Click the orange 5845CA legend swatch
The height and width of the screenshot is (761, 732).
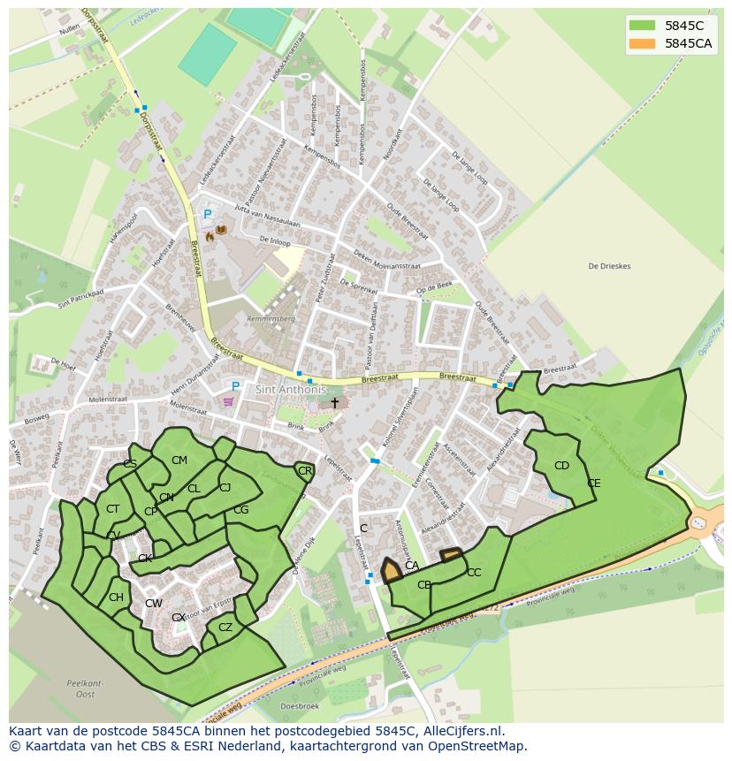(x=642, y=44)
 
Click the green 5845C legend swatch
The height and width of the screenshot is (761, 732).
(x=642, y=26)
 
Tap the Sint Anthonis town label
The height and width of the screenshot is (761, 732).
(x=291, y=390)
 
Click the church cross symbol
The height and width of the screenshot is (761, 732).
(x=334, y=403)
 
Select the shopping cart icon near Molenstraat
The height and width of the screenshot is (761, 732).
(x=230, y=402)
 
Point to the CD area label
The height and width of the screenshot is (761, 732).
(x=561, y=466)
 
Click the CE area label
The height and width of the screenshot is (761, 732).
(x=594, y=483)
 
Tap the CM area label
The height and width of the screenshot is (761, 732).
(x=179, y=460)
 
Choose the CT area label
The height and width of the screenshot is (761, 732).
(x=112, y=509)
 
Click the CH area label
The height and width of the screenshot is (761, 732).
(x=116, y=597)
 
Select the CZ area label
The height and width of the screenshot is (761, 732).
(x=225, y=628)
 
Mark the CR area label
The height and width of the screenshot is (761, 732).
(x=305, y=471)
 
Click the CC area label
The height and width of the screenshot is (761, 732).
(x=474, y=573)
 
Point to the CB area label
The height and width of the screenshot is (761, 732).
(x=424, y=585)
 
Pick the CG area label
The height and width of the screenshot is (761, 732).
(x=240, y=510)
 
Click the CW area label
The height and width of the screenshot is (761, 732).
(x=154, y=604)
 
